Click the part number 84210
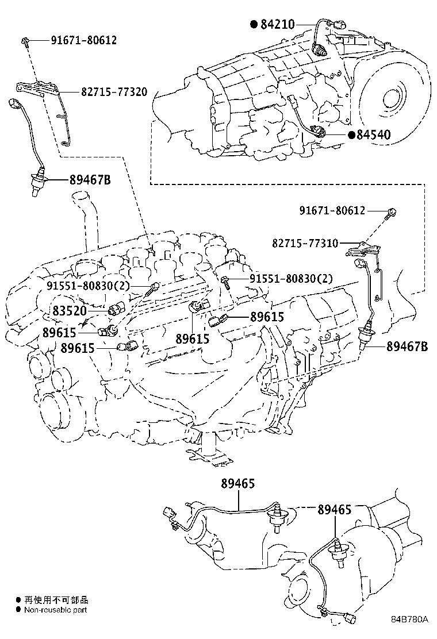pos(278,24)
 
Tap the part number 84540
pos(373,135)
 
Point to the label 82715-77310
pos(313,244)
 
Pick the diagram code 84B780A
pos(410,619)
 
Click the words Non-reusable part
pos(55,610)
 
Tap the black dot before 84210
pos(254,24)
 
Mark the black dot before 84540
pos(351,135)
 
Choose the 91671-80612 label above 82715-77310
pos(332,211)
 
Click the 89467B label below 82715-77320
pos(90,180)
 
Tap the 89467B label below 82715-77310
pos(407,346)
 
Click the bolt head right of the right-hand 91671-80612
pos(392,213)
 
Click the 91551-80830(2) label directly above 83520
pos(89,286)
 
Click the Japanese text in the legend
pos(48,599)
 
